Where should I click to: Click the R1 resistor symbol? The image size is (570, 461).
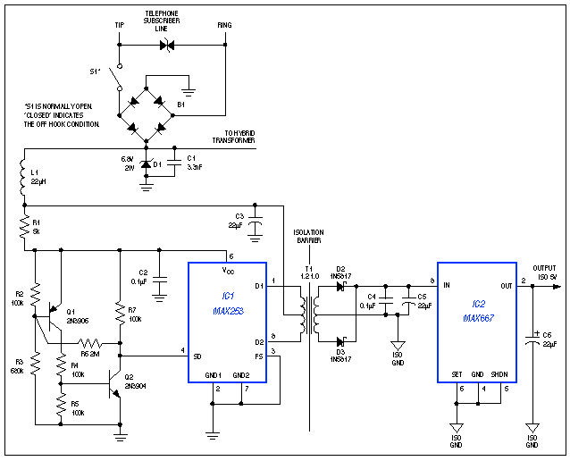point(22,228)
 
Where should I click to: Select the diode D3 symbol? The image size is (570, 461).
point(339,339)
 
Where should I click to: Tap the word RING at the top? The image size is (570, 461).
point(224,25)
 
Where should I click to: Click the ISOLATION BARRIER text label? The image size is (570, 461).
point(308,237)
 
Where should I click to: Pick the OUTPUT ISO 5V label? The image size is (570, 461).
point(545,272)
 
